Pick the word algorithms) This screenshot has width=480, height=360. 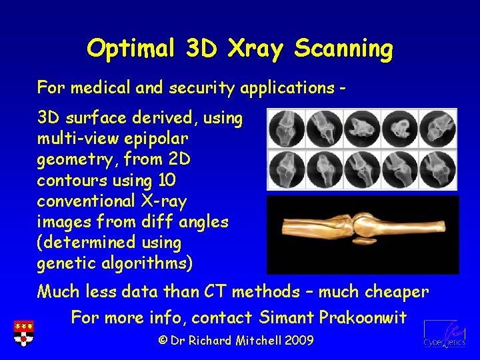(x=147, y=263)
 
